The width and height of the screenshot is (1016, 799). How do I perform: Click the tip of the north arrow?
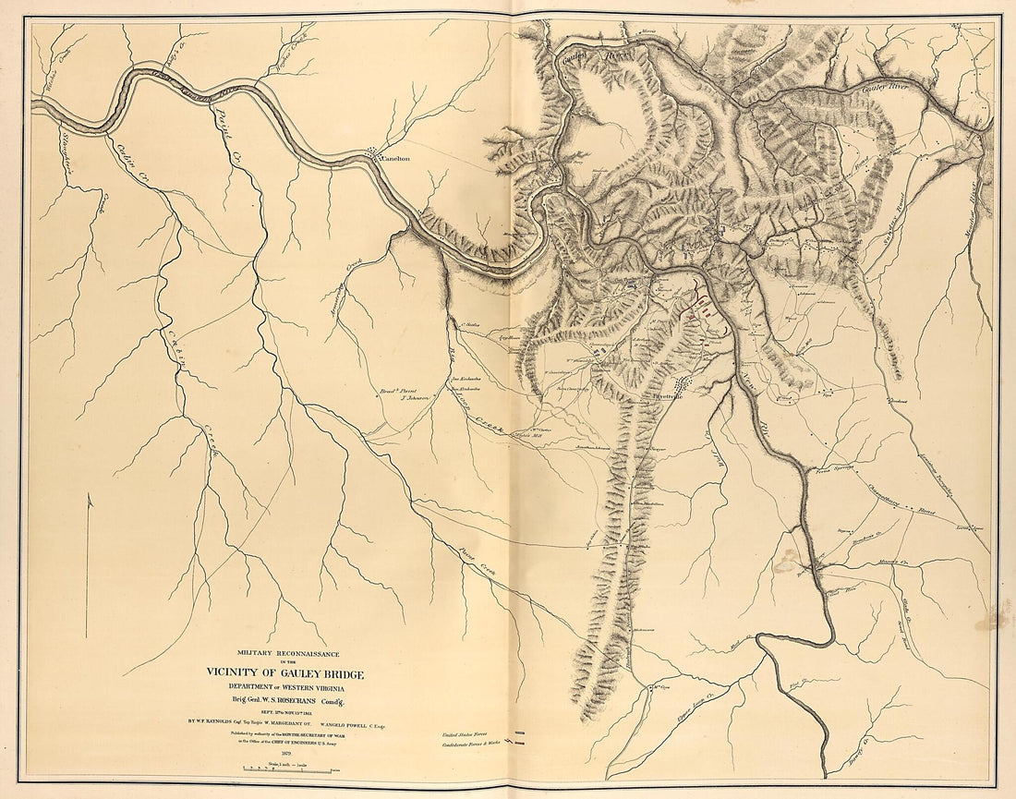coord(88,496)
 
